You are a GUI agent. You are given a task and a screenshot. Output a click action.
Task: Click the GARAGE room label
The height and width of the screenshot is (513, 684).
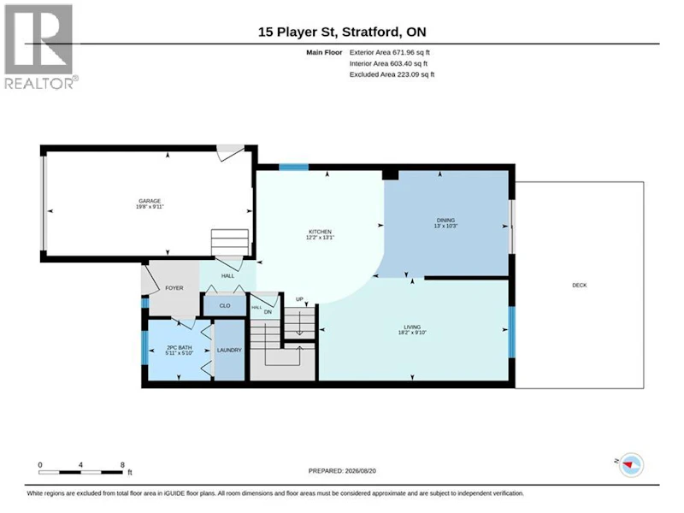[150, 201]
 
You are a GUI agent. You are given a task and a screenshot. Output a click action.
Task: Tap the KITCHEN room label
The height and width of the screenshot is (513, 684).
[320, 232]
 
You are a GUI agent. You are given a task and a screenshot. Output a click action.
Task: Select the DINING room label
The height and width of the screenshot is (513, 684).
[445, 221]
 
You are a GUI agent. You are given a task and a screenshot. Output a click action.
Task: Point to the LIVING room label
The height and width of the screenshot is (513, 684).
[412, 327]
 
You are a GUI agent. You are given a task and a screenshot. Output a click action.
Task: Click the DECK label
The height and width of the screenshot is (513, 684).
[580, 286]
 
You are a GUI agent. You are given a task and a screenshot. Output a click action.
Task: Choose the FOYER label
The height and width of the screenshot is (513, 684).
[174, 288]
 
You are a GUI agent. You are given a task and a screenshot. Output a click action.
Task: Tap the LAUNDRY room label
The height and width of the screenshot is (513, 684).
[229, 350]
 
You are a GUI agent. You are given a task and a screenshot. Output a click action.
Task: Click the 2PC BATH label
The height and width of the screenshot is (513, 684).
[179, 348]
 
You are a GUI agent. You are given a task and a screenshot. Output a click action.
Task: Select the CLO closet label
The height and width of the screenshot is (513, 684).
[225, 306]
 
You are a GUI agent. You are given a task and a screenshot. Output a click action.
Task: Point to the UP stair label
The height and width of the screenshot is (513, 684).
[299, 299]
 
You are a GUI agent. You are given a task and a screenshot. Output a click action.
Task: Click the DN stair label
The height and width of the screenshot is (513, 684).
[268, 312]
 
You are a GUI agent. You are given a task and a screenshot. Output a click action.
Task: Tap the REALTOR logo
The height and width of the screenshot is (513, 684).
[40, 47]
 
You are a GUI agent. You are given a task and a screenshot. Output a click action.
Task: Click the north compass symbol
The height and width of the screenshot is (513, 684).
[630, 465]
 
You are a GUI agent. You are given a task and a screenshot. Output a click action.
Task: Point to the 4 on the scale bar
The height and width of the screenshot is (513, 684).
[80, 465]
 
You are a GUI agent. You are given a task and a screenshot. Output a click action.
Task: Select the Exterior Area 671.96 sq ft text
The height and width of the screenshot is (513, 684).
[390, 52]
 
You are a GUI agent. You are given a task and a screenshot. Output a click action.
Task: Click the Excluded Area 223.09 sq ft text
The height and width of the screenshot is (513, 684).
[392, 74]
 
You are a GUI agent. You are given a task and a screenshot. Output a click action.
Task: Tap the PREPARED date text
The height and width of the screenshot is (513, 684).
[342, 471]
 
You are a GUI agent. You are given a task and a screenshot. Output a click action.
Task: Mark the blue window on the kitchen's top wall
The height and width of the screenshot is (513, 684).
[293, 167]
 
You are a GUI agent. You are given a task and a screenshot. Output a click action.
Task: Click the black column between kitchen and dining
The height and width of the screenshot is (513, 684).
[391, 174]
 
